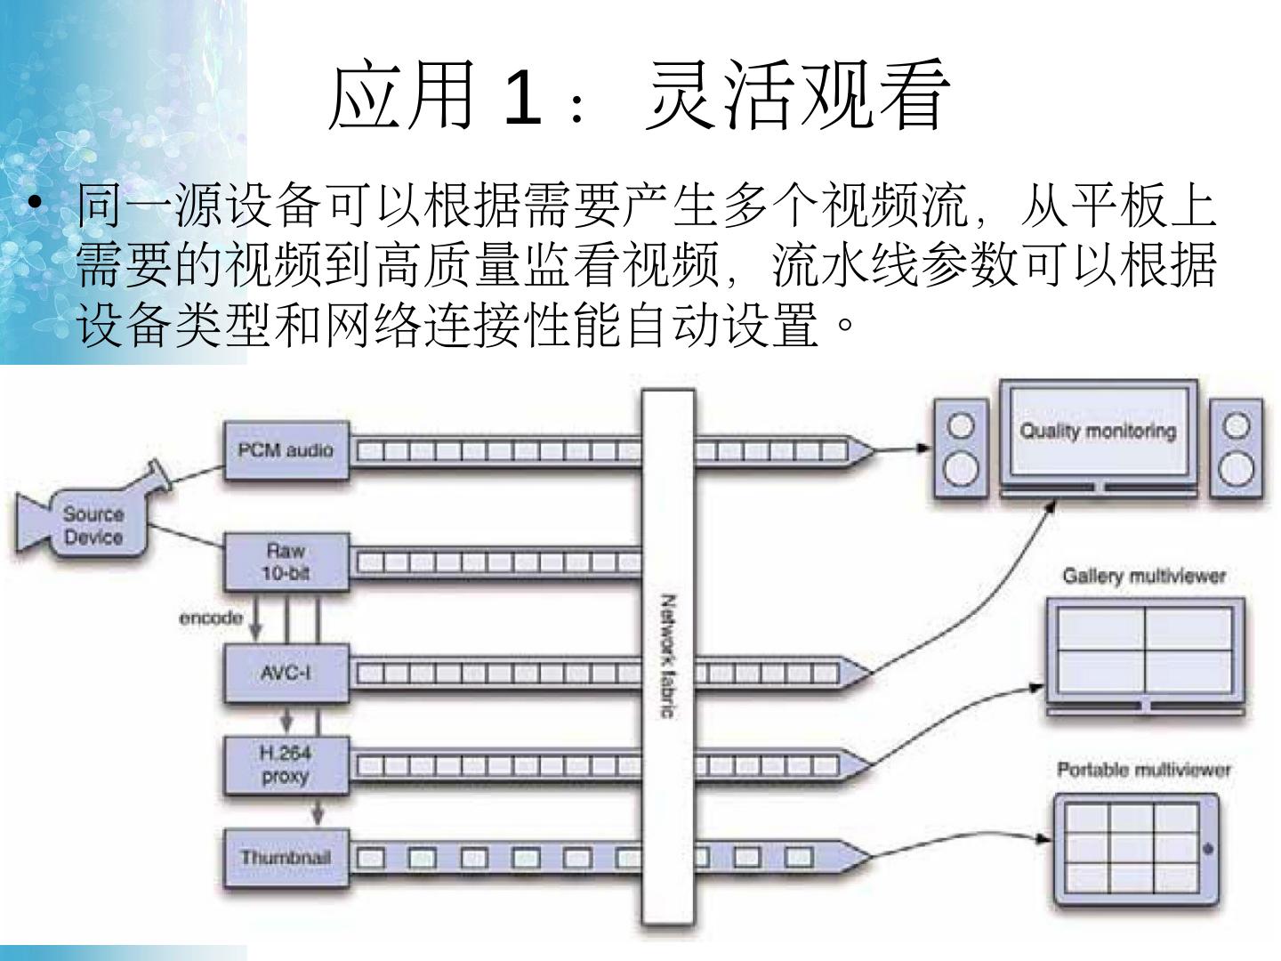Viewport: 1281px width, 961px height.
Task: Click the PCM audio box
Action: pyautogui.click(x=285, y=450)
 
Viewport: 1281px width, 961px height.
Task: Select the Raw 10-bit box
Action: pyautogui.click(x=285, y=561)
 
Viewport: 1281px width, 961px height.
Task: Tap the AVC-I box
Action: pyautogui.click(x=285, y=673)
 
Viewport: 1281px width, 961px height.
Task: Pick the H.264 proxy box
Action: pyautogui.click(x=285, y=764)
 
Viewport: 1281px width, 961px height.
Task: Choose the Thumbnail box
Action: pyautogui.click(x=285, y=858)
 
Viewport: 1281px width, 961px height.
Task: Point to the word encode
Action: pyautogui.click(x=211, y=618)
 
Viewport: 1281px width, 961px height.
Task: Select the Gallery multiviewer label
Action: pyautogui.click(x=1144, y=577)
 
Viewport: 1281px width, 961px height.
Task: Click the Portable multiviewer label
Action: pyautogui.click(x=1144, y=770)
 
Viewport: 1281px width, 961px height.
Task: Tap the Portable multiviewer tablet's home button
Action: pyautogui.click(x=1207, y=847)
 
